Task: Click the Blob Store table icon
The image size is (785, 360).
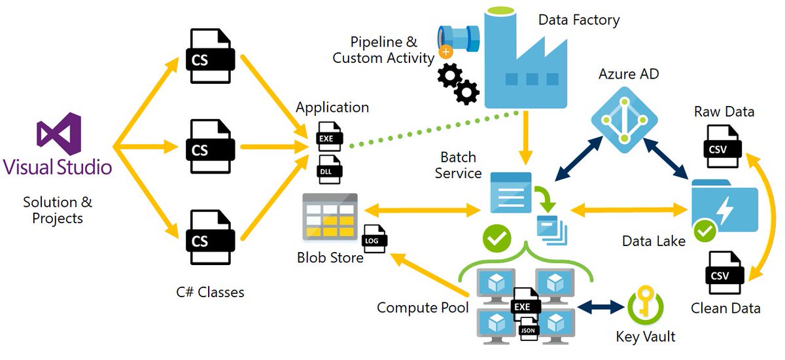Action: (330, 217)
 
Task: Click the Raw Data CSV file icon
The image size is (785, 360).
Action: (723, 145)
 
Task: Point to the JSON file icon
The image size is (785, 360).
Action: (528, 329)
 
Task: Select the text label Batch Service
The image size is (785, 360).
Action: (458, 165)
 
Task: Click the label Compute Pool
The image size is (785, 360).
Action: (423, 307)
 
